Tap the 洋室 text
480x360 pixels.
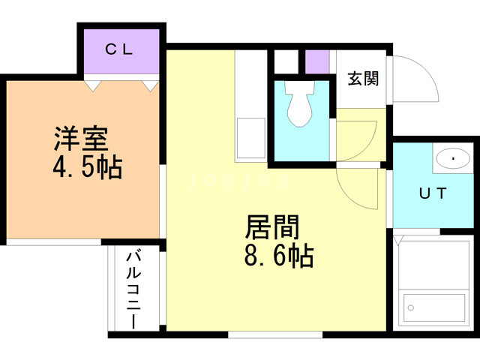(80, 139)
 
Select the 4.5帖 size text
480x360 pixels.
(87, 166)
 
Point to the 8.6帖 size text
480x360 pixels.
(278, 256)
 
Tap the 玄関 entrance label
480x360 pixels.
(362, 78)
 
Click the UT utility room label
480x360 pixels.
(433, 192)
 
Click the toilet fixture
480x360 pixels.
(301, 104)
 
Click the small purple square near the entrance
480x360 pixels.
(317, 62)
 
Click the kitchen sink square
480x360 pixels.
(250, 139)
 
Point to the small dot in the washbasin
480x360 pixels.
(454, 159)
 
